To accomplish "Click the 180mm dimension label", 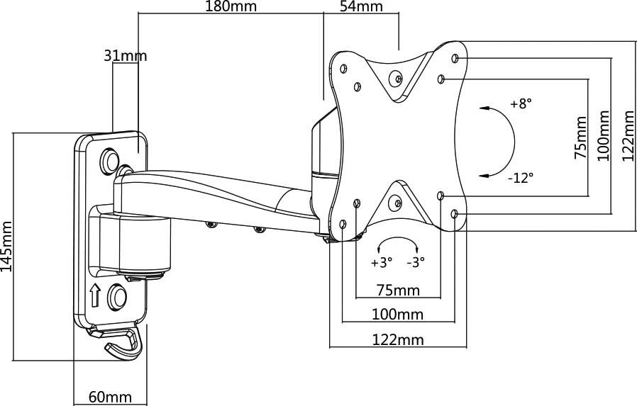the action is [x=231, y=6].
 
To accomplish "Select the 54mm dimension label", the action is [x=361, y=6].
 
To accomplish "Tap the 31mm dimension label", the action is [x=125, y=55].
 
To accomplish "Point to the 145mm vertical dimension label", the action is [x=7, y=247].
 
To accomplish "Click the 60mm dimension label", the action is [x=110, y=397].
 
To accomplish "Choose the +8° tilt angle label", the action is [x=521, y=103].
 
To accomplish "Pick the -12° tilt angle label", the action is [x=521, y=177].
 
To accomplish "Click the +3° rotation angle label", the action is [x=382, y=262].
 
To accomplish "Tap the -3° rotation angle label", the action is [x=416, y=262].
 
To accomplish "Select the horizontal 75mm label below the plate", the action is [x=398, y=290].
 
